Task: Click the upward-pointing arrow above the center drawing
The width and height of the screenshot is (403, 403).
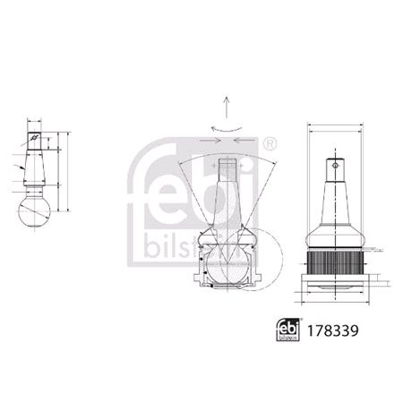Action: pyautogui.click(x=228, y=105)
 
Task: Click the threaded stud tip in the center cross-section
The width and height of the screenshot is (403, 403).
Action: pyautogui.click(x=228, y=168)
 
